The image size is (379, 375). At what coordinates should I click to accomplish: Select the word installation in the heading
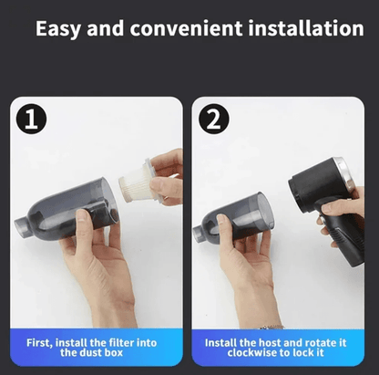pos(305,28)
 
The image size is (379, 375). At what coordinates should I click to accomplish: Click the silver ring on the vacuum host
pos(343,173)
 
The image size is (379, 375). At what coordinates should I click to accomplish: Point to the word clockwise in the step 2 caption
pos(262,354)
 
